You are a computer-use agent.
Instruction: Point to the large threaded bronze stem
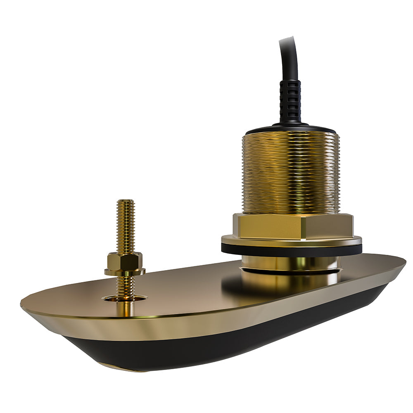[290, 173]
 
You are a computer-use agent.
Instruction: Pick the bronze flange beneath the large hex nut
[292, 240]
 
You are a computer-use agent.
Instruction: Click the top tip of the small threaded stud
[125, 202]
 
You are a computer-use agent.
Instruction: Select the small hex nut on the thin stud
[125, 261]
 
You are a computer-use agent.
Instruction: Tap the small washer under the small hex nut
[125, 272]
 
